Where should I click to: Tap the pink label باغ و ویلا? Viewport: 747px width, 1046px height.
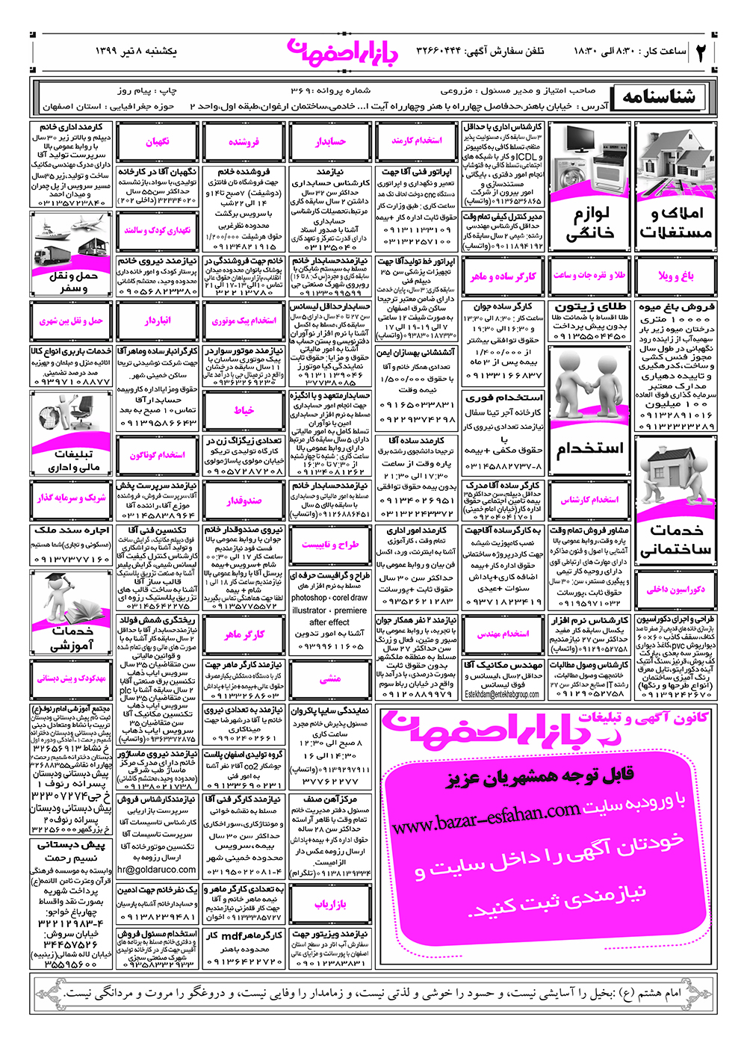(675, 276)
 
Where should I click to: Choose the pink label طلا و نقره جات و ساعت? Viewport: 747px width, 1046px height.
(590, 276)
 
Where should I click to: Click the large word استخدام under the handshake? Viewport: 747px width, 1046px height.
(590, 449)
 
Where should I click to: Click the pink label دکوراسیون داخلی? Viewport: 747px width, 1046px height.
(675, 589)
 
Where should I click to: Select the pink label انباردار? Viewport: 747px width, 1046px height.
(158, 321)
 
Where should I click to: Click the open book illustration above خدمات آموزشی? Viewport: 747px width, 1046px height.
(72, 598)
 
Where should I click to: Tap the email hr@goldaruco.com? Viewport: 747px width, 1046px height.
(157, 870)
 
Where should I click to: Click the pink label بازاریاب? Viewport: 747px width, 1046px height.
(330, 905)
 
